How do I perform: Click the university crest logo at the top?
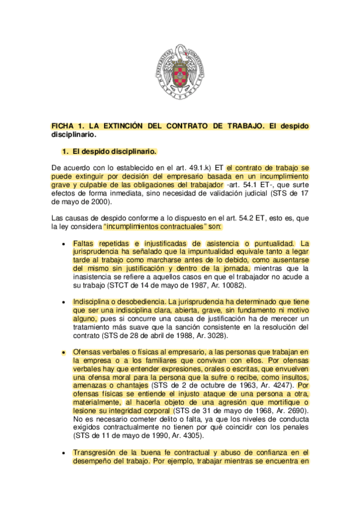(180, 72)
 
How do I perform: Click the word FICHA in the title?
(63, 126)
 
